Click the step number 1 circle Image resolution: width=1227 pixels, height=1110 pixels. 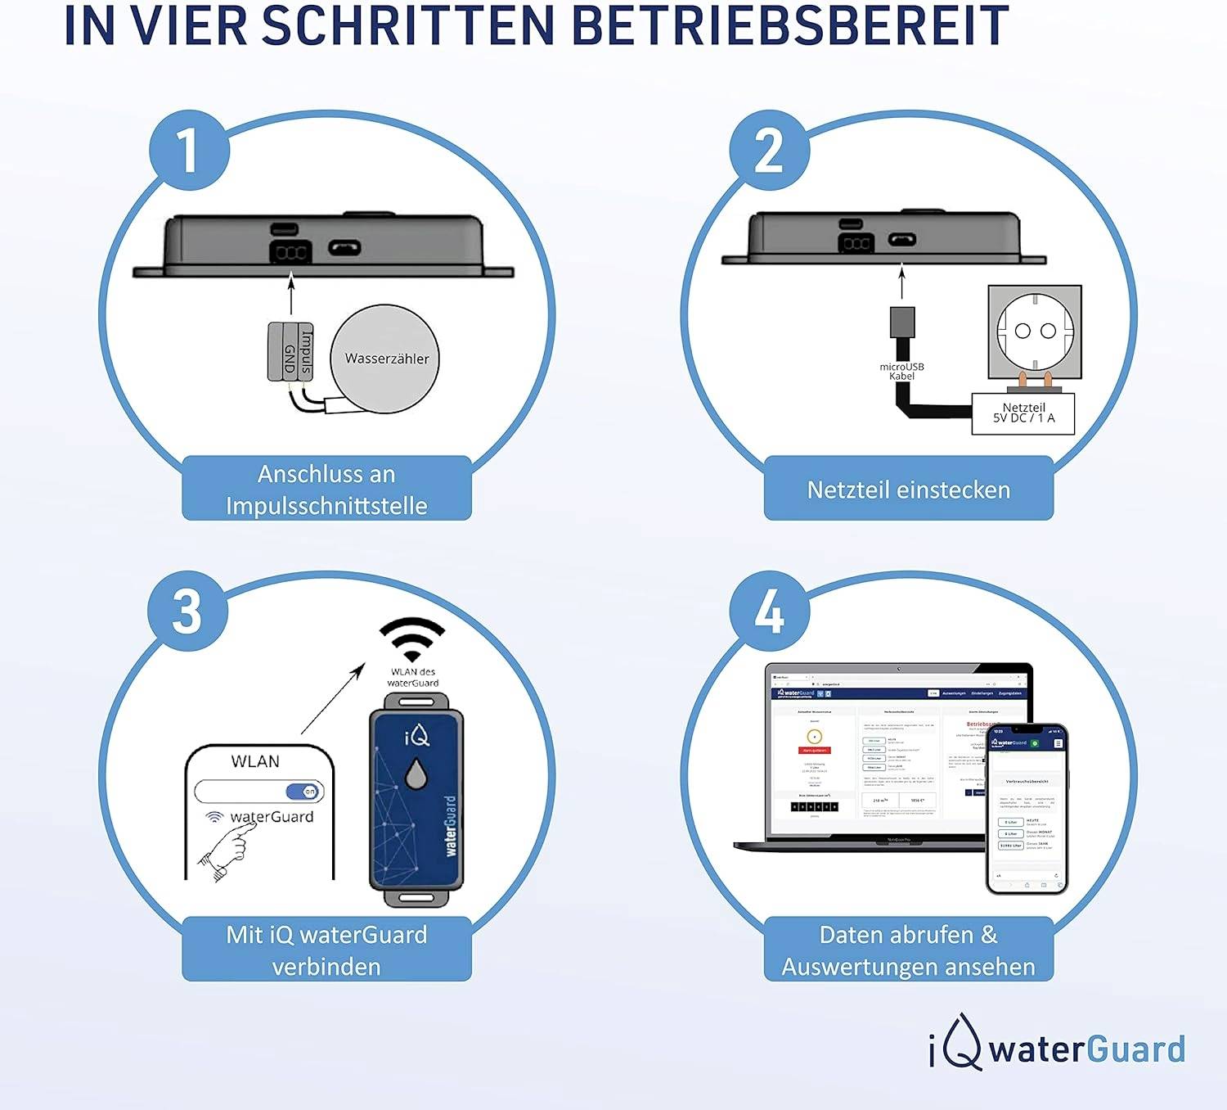(189, 151)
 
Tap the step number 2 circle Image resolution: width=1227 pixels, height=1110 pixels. (770, 151)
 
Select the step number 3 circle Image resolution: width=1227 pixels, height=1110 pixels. (188, 611)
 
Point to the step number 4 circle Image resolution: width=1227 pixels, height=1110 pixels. (770, 611)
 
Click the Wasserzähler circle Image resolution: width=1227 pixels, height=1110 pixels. (385, 359)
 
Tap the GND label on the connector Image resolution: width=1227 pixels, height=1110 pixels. (289, 359)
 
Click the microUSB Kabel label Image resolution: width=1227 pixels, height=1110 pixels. (901, 372)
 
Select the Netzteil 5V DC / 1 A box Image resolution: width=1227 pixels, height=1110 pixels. (1022, 413)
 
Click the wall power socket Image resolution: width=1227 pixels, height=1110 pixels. (1035, 332)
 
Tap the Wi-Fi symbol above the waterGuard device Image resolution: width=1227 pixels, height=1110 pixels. (412, 639)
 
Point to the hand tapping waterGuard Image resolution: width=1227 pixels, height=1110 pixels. (225, 851)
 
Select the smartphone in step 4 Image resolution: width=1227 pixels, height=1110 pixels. (1027, 809)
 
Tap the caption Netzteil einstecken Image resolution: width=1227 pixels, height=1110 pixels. (908, 490)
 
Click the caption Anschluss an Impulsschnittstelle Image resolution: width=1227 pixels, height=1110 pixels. (326, 490)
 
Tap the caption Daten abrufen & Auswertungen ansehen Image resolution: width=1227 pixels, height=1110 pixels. (908, 950)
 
